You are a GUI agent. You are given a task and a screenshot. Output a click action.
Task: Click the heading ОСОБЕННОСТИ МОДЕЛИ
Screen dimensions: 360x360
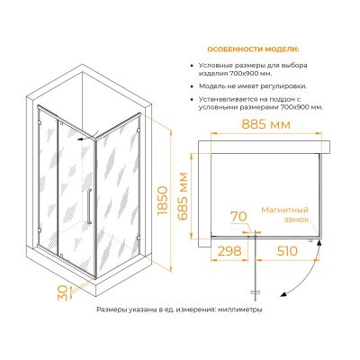click(253, 49)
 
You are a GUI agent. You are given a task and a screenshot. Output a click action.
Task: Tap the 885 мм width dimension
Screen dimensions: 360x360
click(266, 124)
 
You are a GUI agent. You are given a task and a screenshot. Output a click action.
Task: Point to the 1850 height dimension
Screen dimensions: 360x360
click(162, 201)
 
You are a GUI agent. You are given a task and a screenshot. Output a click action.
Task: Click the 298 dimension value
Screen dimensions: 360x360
click(229, 251)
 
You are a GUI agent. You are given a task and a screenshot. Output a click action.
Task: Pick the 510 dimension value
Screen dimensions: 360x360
click(286, 251)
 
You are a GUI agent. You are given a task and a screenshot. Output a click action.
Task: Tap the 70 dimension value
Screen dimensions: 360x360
click(238, 216)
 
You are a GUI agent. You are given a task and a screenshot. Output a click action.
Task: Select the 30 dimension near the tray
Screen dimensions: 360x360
click(62, 292)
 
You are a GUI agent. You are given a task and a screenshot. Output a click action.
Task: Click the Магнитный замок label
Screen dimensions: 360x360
click(285, 214)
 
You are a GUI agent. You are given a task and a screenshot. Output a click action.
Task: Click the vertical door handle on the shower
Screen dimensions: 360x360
click(89, 206)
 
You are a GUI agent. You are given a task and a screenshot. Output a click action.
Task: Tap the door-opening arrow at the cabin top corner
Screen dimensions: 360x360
click(86, 138)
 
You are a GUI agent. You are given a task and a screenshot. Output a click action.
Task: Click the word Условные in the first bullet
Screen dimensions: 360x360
click(212, 66)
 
